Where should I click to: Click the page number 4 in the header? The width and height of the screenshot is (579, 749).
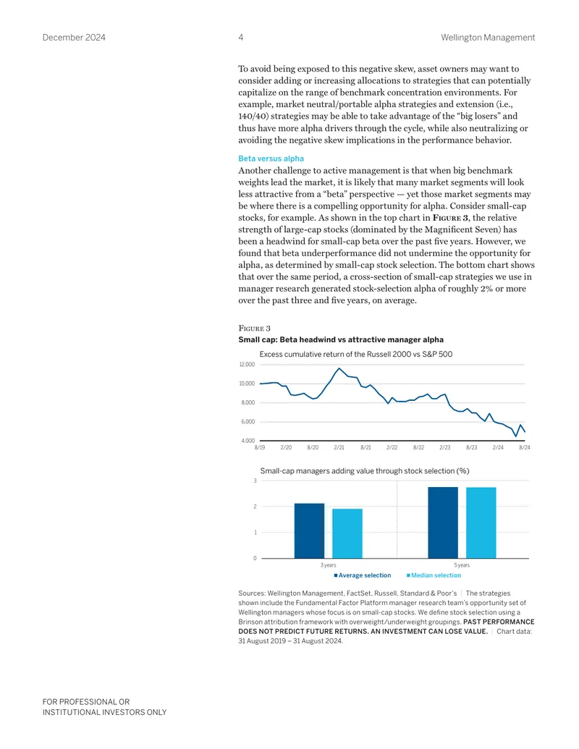(x=241, y=37)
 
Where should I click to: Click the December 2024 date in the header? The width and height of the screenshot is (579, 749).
(x=74, y=37)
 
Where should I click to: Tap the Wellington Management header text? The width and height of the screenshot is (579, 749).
(x=488, y=37)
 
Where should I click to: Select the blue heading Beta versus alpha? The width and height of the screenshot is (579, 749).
(x=271, y=158)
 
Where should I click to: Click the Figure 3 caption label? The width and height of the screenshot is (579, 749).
(x=254, y=328)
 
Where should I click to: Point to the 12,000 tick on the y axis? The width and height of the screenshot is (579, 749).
(x=247, y=365)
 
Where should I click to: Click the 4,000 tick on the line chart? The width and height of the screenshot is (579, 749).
(x=248, y=441)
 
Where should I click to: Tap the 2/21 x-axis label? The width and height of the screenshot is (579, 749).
(x=339, y=447)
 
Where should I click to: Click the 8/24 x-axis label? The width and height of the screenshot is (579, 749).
(x=525, y=447)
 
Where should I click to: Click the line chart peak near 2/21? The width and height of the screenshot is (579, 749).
(x=339, y=368)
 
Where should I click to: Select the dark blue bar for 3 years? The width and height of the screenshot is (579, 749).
(x=309, y=530)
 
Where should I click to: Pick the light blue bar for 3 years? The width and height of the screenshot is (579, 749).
(x=347, y=533)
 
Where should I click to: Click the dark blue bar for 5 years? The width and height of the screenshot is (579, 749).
(x=443, y=522)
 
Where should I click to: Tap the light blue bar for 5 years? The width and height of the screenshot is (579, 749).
(x=481, y=522)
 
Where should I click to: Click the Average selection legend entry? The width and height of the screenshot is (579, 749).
(x=363, y=575)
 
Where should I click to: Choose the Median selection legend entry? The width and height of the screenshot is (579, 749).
(x=434, y=575)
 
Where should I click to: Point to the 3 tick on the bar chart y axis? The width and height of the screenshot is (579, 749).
(x=255, y=481)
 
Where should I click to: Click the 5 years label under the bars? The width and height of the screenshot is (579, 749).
(x=462, y=565)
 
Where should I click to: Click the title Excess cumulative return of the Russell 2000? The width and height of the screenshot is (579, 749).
(x=356, y=355)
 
